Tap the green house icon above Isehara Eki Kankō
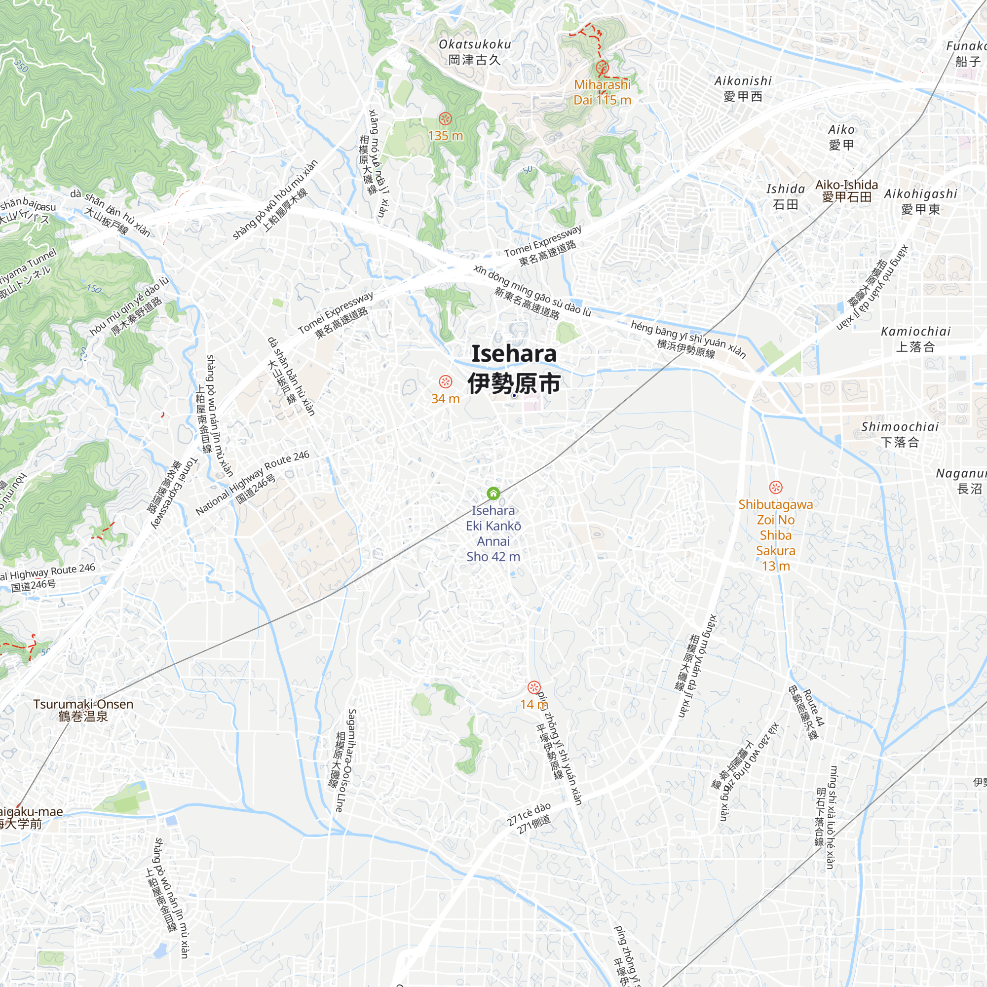coord(493,493)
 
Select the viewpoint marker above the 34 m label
coord(446,381)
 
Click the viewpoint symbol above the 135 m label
coord(446,119)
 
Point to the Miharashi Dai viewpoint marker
coord(602,67)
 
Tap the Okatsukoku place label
coord(475,52)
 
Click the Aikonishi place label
coord(743,88)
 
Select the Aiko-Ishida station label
coord(846,190)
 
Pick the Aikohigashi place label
coord(920,201)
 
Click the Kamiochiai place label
coord(915,339)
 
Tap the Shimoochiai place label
coord(900,434)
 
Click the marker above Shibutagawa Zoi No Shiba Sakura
coord(775,488)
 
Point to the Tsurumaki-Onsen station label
coord(83,710)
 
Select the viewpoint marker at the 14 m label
coord(534,687)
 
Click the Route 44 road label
coord(814,708)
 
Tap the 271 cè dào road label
coord(529,814)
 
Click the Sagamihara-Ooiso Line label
coord(346,760)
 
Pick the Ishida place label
coord(786,197)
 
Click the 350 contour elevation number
coord(21,66)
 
